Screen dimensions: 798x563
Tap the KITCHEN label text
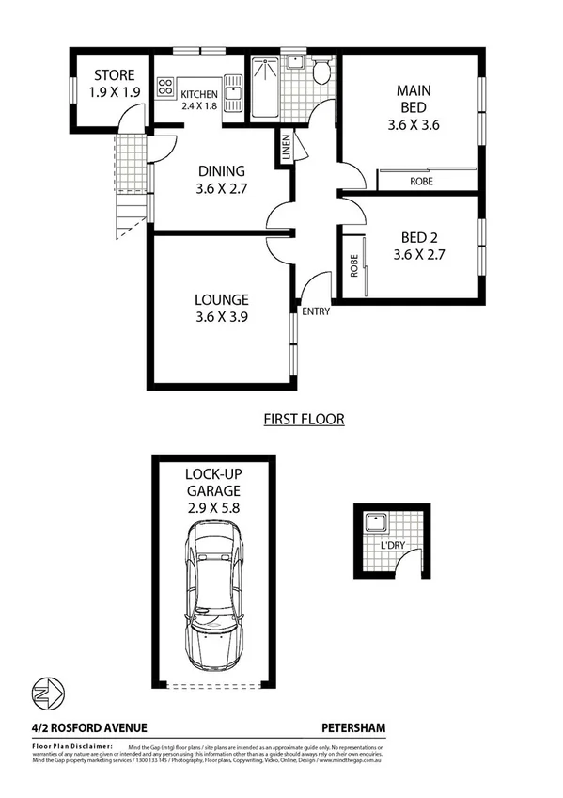(x=199, y=94)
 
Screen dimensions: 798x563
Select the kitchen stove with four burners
(x=166, y=88)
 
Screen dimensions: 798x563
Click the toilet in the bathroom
(x=321, y=72)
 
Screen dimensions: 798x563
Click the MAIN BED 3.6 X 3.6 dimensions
(x=414, y=123)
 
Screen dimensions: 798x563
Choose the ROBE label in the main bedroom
(x=421, y=181)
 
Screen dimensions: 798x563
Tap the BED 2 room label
(x=414, y=237)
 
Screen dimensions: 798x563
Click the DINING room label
(x=222, y=171)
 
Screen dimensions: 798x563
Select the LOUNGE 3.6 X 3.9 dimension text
(x=222, y=317)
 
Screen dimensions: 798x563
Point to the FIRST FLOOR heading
(x=304, y=419)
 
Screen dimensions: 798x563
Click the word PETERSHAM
(x=353, y=727)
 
